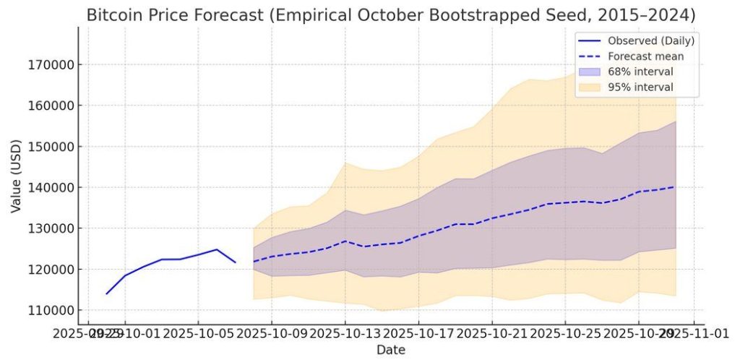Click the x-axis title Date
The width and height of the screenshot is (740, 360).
point(390,350)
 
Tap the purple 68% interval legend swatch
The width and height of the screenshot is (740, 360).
point(590,72)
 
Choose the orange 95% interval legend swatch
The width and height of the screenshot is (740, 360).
point(590,87)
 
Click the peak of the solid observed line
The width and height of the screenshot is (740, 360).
point(217,249)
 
